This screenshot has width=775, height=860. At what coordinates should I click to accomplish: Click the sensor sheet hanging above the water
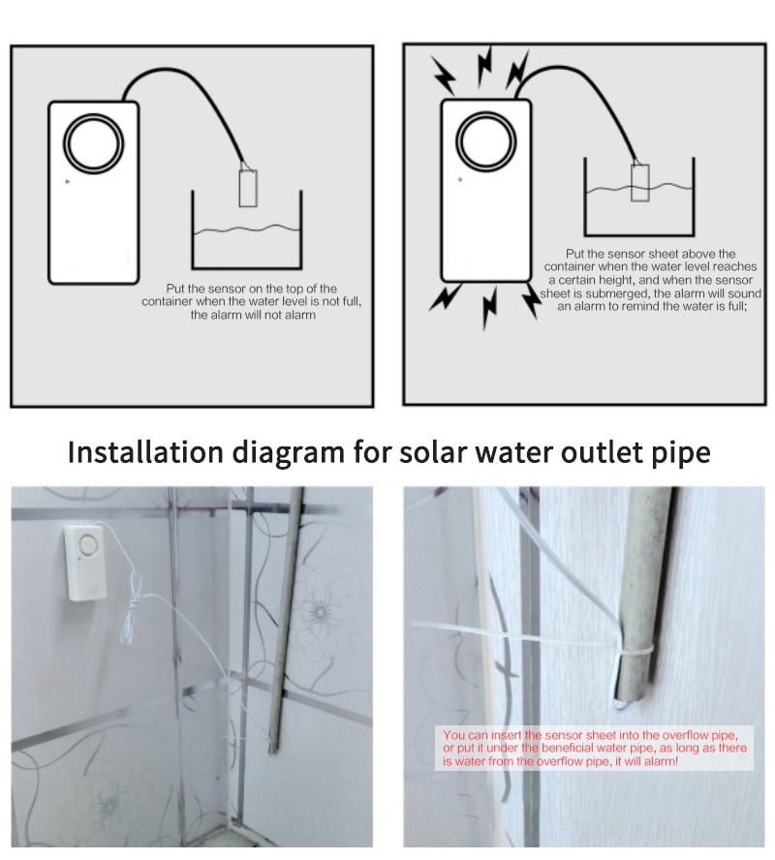pos(247,187)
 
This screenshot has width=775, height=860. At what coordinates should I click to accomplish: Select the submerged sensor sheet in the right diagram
pos(639,182)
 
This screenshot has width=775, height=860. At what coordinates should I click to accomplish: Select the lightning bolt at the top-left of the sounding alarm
pos(445,73)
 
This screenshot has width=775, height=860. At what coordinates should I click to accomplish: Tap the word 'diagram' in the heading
pos(284,453)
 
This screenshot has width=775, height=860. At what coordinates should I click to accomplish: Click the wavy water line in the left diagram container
pos(246,230)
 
